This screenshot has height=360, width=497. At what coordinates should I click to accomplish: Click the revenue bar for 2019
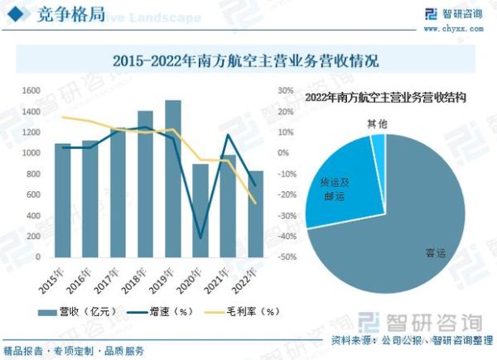[x=172, y=179]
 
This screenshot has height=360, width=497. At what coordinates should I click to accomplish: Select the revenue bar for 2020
[x=200, y=211]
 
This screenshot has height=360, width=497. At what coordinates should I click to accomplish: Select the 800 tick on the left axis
[x=32, y=174]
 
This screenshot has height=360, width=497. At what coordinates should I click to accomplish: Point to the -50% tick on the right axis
[x=286, y=257]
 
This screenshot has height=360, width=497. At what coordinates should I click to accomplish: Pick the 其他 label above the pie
[x=377, y=123]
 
